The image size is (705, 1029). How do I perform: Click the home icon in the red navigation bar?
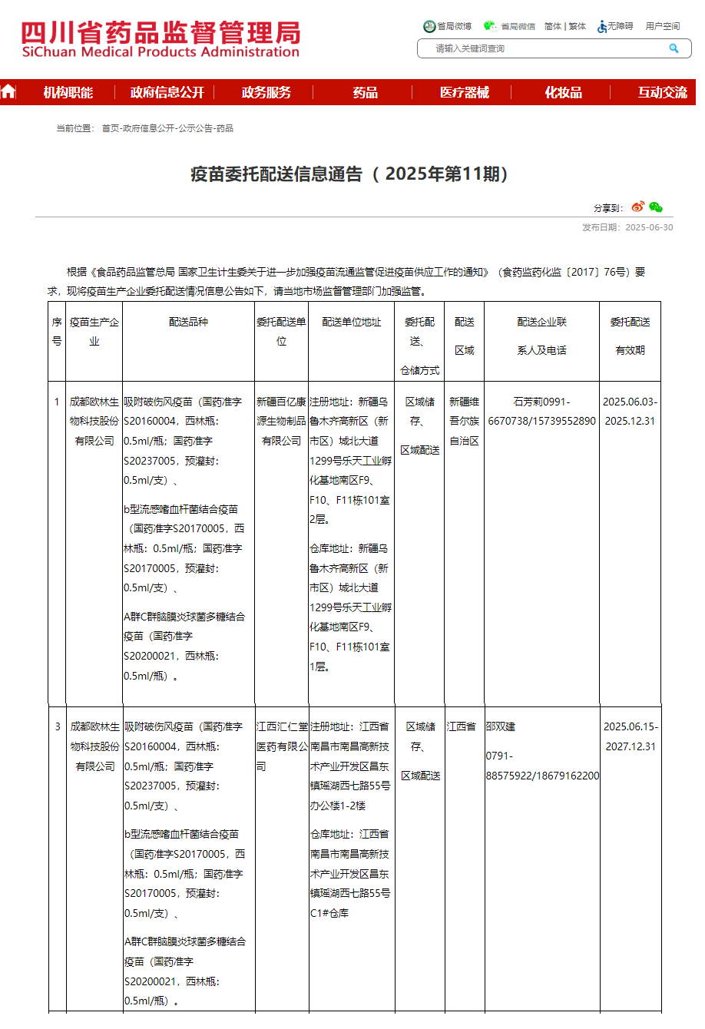[8, 92]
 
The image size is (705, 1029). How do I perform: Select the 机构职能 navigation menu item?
[68, 93]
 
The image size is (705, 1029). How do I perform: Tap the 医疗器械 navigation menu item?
[464, 93]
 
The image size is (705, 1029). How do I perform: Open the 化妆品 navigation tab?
[563, 93]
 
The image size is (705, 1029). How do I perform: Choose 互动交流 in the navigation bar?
[662, 93]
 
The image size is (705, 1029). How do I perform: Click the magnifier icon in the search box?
[674, 48]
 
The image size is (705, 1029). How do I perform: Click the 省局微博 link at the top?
[448, 26]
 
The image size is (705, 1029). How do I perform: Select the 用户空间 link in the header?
[662, 26]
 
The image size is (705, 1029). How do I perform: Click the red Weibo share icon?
[638, 207]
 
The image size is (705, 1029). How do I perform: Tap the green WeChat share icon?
[655, 207]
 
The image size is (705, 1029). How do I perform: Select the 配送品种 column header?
[188, 323]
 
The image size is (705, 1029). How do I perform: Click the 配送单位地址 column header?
[351, 323]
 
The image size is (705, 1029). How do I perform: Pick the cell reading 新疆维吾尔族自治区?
[464, 421]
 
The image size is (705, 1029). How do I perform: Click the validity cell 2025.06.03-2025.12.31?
[630, 412]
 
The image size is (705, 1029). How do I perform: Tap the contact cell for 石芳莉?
[541, 412]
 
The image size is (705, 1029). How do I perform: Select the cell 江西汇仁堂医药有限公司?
[282, 746]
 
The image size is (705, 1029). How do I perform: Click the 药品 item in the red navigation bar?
[365, 93]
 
